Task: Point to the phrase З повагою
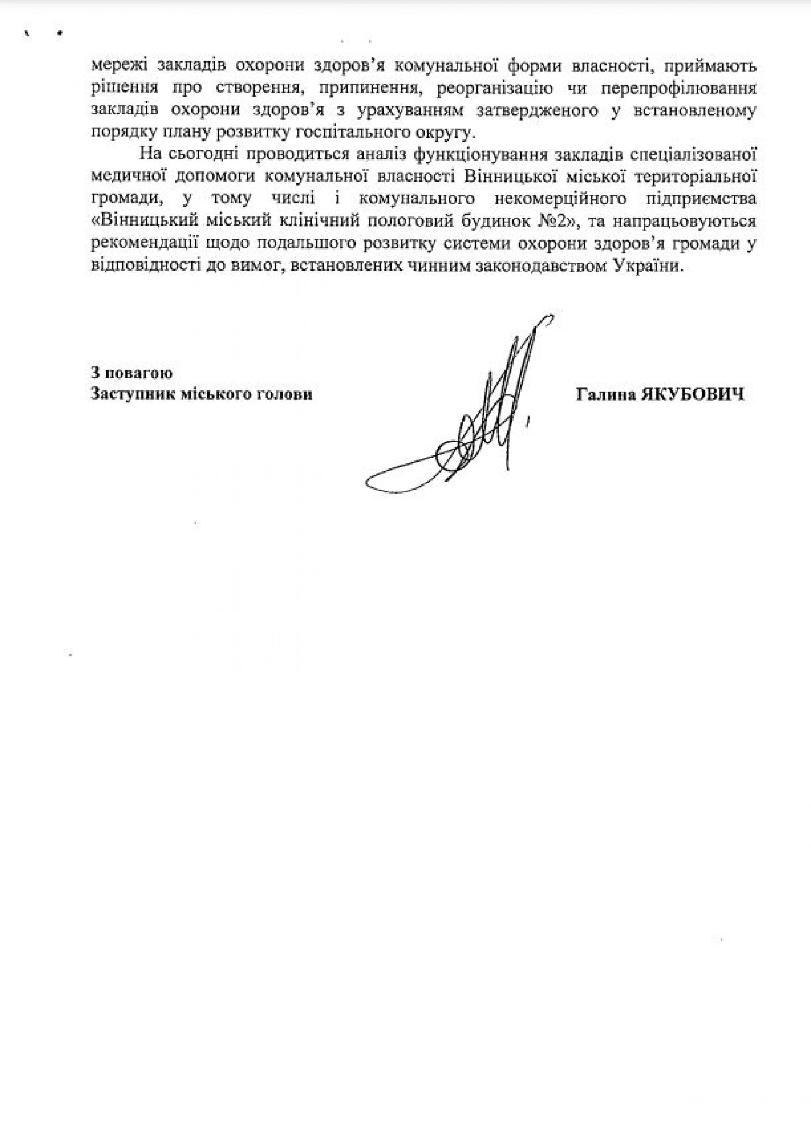(x=132, y=373)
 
